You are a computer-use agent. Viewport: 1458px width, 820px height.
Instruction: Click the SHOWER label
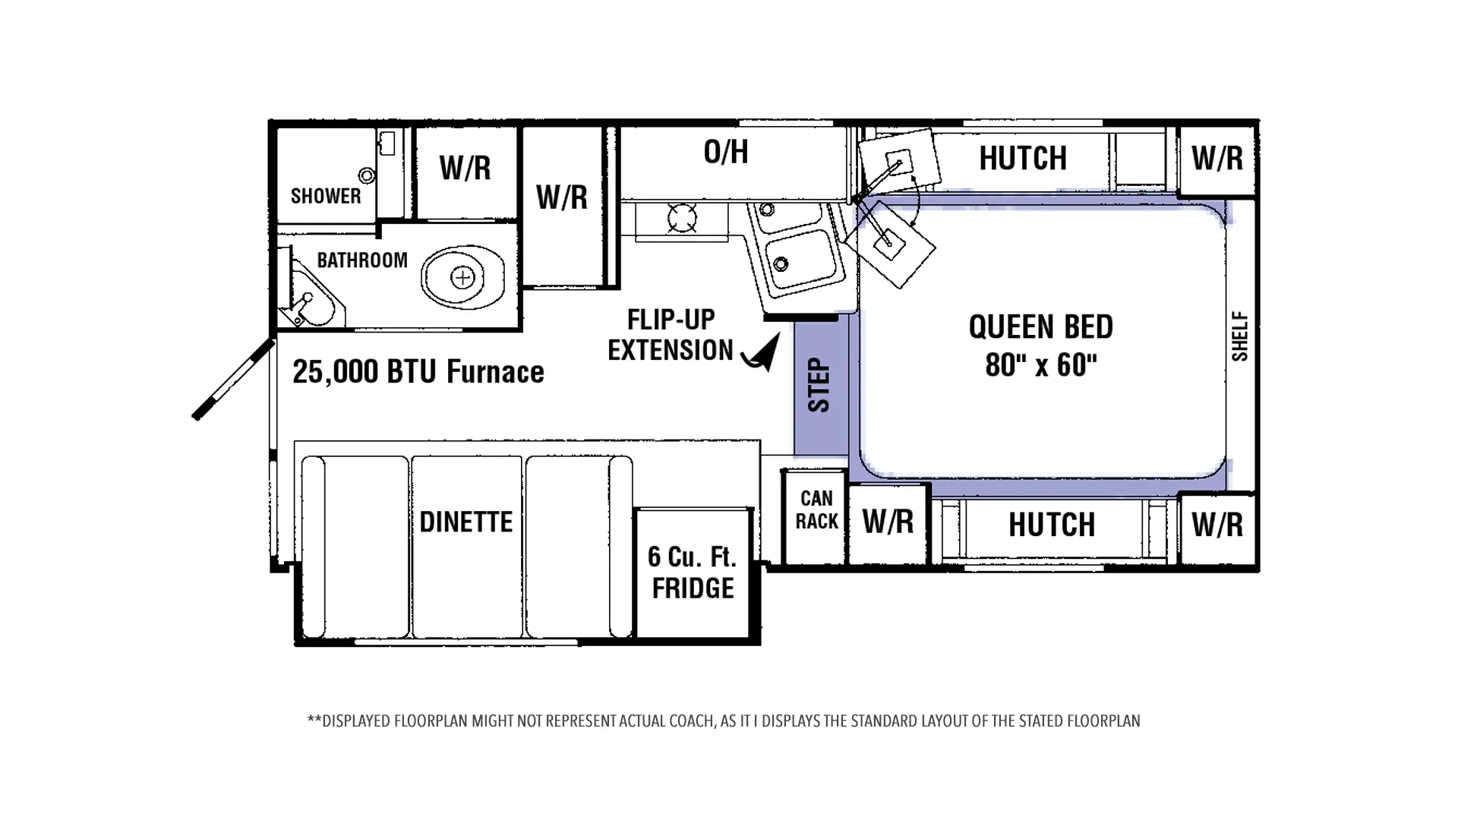326,196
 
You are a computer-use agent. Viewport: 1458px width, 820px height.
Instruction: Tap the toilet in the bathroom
463,276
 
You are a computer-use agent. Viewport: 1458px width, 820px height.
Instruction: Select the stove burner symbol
682,219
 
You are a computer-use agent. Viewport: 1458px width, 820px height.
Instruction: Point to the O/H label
726,152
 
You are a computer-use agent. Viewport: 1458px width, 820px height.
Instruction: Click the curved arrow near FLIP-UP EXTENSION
762,354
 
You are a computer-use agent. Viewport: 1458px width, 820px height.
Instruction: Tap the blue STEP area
821,387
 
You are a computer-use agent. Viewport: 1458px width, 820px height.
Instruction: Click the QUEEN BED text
1041,327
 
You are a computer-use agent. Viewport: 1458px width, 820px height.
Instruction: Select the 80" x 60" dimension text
1041,365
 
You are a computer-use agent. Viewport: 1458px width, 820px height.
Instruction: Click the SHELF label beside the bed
1240,336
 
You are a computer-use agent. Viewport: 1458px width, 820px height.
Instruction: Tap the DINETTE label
466,522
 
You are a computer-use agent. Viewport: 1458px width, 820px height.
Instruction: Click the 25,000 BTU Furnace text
418,372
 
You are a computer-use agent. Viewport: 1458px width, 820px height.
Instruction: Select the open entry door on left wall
233,379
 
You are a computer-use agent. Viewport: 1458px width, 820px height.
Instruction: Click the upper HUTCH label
1023,158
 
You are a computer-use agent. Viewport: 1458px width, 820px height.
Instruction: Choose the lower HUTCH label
1052,525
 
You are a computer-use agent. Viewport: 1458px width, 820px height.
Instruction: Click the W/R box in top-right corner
1217,159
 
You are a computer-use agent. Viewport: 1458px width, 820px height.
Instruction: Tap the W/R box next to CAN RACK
888,522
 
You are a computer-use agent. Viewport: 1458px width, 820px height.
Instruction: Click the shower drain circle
367,175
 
